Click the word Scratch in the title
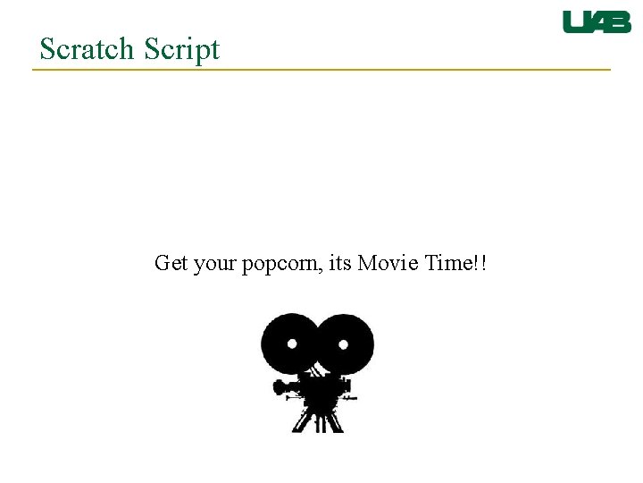pos(85,49)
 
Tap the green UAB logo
pos(597,22)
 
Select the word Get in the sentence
pos(171,264)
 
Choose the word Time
pos(450,264)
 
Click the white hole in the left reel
pos(291,343)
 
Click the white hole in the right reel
pos(344,343)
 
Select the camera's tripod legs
pos(318,419)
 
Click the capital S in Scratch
pos(47,49)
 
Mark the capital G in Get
pos(162,264)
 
